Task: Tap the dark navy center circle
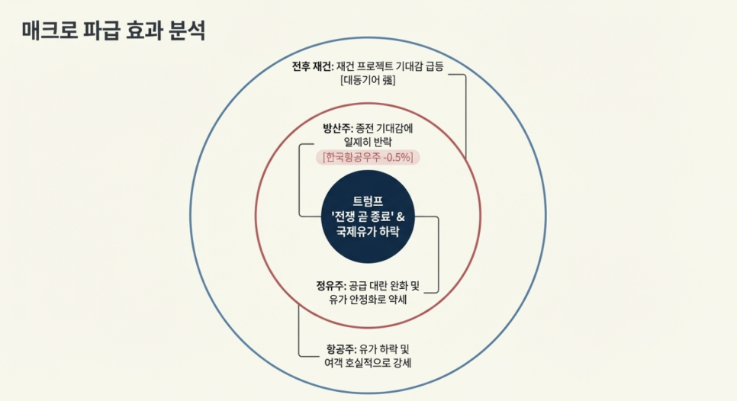[367, 252]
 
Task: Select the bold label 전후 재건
[312, 66]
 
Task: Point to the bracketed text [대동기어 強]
[368, 81]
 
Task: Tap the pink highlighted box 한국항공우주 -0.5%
[369, 157]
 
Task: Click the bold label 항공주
[341, 348]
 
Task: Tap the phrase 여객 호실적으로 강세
[368, 362]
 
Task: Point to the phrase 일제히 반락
[368, 142]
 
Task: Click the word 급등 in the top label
[431, 66]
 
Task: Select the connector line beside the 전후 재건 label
[465, 114]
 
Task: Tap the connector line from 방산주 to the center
[301, 183]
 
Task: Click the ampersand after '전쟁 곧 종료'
[401, 217]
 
